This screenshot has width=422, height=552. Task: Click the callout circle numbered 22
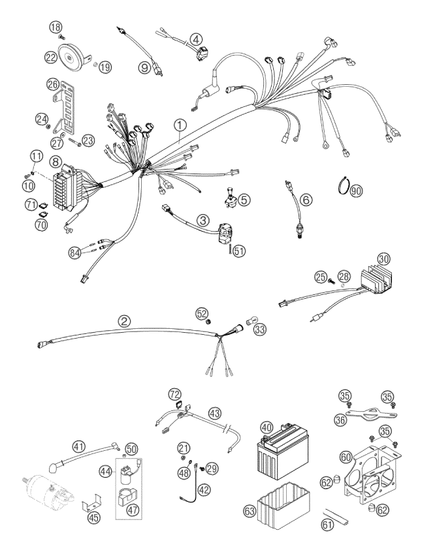pyautogui.click(x=50, y=56)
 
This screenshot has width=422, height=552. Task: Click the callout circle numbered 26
pyautogui.click(x=53, y=84)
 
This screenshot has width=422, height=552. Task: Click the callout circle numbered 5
pyautogui.click(x=244, y=200)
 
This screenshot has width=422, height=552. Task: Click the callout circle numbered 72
pyautogui.click(x=175, y=393)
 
